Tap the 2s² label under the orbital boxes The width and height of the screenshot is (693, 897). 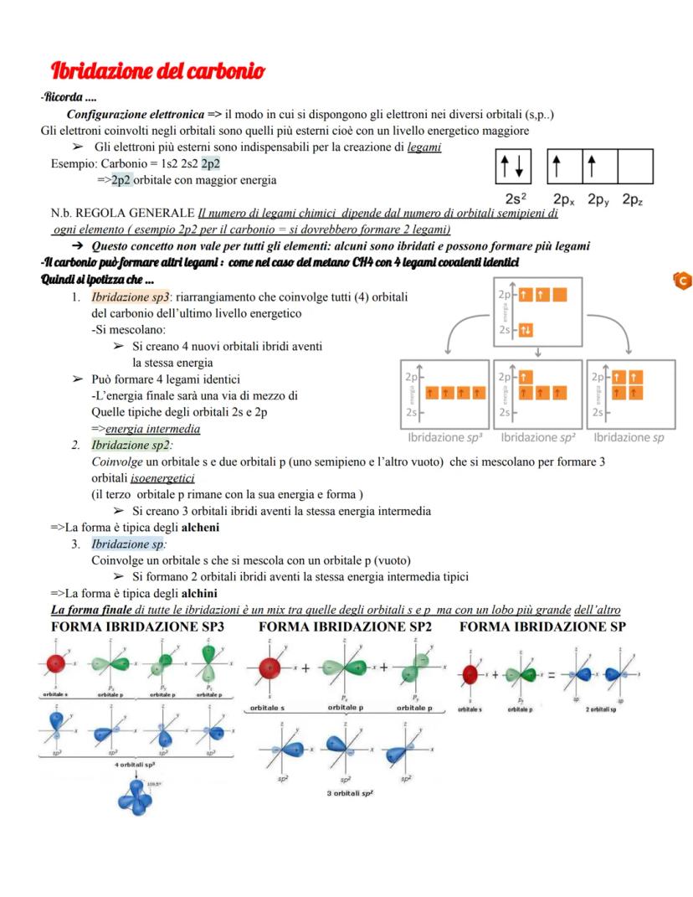tap(516, 199)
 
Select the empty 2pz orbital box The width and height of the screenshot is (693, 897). tap(635, 167)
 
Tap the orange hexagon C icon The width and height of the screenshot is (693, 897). tap(682, 282)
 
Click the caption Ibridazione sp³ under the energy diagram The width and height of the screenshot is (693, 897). tap(445, 437)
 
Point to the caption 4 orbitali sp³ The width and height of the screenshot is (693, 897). tap(135, 765)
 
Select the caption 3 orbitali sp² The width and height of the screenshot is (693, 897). tap(350, 791)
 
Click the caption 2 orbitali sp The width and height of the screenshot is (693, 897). tap(601, 709)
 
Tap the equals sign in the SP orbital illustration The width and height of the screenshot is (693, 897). tap(551, 673)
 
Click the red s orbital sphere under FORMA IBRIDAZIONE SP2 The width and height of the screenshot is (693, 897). tap(269, 668)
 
